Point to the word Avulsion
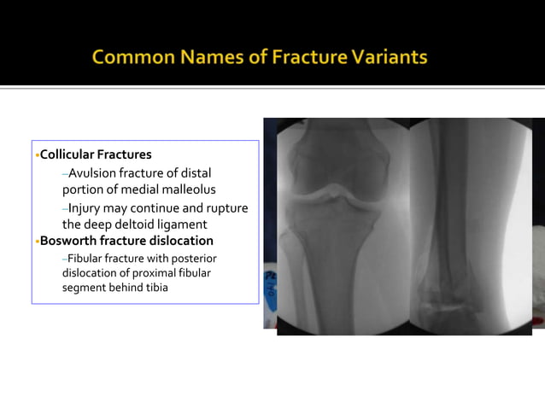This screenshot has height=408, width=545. pyautogui.click(x=92, y=173)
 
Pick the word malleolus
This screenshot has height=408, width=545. pyautogui.click(x=189, y=189)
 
